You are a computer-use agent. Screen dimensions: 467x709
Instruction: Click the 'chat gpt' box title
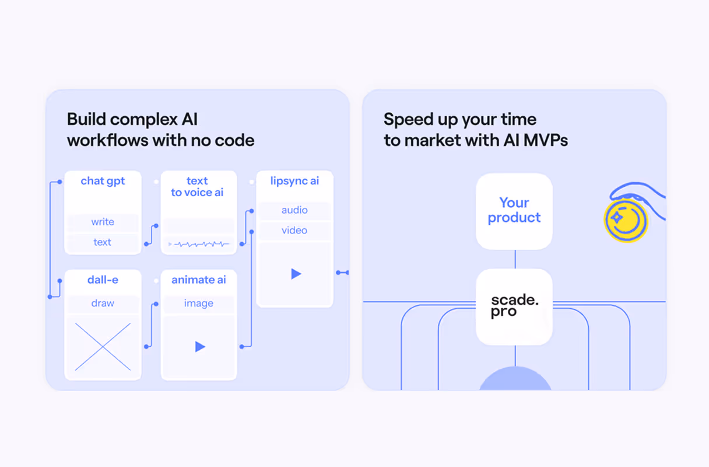[103, 181]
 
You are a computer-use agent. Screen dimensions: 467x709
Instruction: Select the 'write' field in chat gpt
[103, 222]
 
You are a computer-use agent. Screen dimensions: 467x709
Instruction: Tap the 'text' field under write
[103, 242]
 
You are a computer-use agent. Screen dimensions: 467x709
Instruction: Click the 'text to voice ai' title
[197, 187]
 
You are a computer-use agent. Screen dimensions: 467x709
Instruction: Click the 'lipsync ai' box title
[294, 181]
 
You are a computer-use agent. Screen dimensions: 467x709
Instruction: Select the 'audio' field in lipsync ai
[294, 210]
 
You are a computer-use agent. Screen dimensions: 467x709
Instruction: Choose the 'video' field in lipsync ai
[294, 231]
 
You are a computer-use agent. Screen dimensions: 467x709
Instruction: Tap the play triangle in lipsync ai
[296, 274]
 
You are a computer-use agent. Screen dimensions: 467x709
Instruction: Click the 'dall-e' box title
[103, 280]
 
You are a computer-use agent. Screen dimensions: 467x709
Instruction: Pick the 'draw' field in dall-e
[103, 304]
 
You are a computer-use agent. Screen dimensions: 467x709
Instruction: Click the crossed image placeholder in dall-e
[103, 347]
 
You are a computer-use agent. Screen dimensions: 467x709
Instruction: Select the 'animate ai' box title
[198, 280]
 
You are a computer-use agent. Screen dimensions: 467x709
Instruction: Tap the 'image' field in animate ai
[198, 304]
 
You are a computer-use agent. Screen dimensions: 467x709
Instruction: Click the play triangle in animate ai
[199, 347]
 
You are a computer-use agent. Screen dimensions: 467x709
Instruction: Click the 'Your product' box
[514, 211]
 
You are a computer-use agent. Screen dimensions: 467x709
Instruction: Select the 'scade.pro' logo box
[514, 306]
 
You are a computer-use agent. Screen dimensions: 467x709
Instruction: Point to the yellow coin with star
[625, 221]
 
